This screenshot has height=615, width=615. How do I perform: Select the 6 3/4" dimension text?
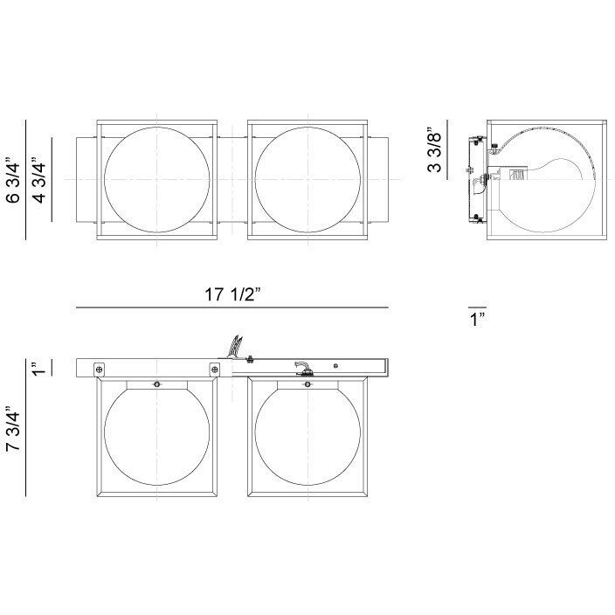tap(11, 180)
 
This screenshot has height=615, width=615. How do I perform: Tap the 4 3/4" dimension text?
tap(38, 180)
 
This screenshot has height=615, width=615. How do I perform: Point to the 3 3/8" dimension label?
tap(433, 150)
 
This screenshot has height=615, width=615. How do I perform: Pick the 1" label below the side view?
tap(476, 320)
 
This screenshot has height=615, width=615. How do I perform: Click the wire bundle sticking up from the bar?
tap(233, 347)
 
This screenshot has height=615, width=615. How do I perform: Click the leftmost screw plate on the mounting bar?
tap(99, 370)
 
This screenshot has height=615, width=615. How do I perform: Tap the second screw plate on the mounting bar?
tap(213, 370)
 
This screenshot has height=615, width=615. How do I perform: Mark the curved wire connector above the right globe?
tap(301, 368)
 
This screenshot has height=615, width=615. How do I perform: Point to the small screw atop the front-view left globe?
tap(156, 385)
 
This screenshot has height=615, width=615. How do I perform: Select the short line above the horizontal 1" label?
tap(476, 307)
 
